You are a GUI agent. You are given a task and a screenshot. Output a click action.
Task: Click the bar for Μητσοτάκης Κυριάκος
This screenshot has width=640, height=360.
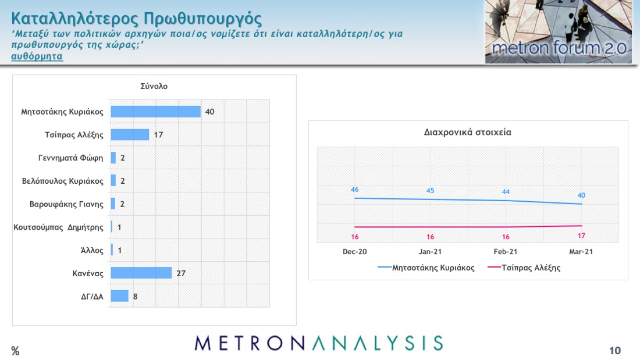(x=155, y=112)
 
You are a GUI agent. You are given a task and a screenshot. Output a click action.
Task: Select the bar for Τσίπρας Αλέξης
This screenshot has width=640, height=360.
(x=130, y=135)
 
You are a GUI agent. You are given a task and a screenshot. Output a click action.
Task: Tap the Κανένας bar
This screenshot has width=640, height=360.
(x=141, y=273)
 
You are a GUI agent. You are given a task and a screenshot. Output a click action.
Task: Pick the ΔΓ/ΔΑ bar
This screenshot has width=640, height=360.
(x=120, y=296)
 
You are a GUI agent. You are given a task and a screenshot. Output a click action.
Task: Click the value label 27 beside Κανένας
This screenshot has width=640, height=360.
(x=181, y=273)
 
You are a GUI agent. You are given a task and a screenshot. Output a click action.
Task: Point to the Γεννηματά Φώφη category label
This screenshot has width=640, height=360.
(x=70, y=158)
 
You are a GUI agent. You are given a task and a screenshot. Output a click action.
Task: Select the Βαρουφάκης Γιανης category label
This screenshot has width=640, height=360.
(x=66, y=204)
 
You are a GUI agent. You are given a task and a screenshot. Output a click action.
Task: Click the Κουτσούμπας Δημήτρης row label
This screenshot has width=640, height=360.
(x=58, y=227)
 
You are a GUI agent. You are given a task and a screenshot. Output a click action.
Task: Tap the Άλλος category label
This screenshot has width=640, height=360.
(x=92, y=250)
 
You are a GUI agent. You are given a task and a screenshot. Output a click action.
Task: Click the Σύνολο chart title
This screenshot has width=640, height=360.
(x=154, y=86)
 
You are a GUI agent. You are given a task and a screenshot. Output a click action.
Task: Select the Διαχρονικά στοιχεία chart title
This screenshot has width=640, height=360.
(x=467, y=132)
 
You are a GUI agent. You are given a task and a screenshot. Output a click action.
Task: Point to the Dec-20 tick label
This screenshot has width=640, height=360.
(x=355, y=252)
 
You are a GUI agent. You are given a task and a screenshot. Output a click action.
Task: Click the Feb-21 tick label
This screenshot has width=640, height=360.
(x=505, y=252)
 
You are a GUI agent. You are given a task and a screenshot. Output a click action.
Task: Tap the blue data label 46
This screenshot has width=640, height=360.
(x=355, y=190)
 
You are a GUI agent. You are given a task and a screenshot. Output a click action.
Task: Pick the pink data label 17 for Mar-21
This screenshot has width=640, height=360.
(x=581, y=236)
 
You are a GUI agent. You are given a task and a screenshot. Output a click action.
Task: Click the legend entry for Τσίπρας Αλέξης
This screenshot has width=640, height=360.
(x=524, y=268)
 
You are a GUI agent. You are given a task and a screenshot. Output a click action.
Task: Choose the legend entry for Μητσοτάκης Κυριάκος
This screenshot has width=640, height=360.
(x=426, y=268)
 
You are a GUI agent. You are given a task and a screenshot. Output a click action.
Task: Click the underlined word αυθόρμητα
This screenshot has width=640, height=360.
(x=37, y=56)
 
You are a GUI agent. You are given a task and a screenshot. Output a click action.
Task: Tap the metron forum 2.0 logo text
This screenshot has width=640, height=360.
(x=559, y=48)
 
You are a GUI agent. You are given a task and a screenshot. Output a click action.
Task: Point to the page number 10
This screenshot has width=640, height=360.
(x=615, y=351)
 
